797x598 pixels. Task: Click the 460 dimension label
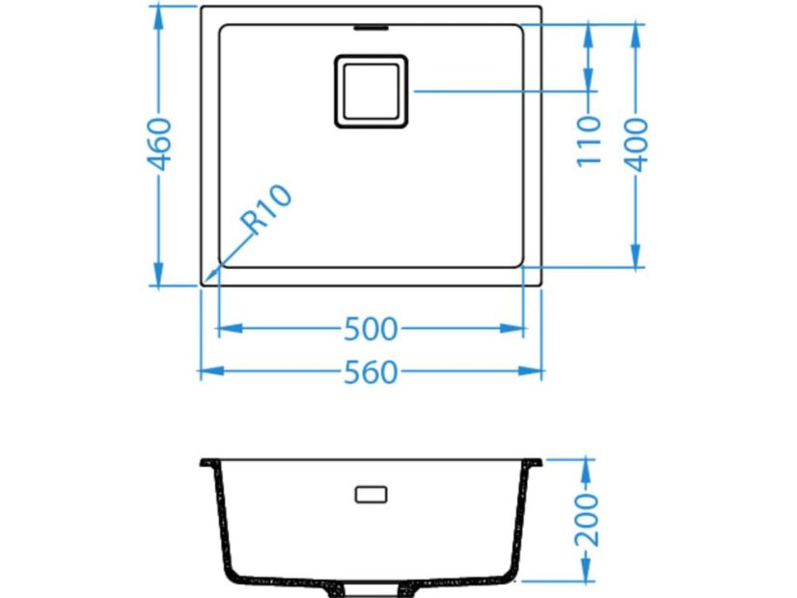click(x=161, y=144)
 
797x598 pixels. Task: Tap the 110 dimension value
click(x=590, y=140)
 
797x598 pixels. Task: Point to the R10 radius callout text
click(x=266, y=209)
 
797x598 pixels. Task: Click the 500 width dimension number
click(x=371, y=329)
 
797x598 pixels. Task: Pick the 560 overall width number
click(x=371, y=371)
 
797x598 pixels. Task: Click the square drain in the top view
click(x=371, y=91)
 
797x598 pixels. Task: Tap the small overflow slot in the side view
click(x=371, y=494)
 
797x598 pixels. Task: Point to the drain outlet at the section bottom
click(x=371, y=584)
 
